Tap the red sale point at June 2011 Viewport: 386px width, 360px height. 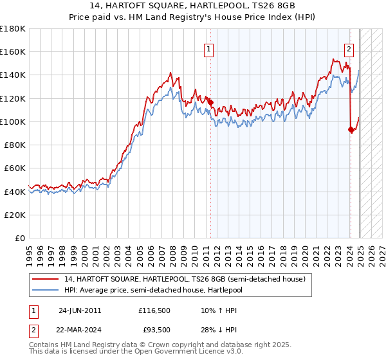210,101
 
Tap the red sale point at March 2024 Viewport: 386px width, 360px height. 351,129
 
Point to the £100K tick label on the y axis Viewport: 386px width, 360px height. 13,122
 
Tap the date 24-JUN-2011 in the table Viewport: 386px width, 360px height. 80,310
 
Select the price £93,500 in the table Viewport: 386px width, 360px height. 154,330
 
